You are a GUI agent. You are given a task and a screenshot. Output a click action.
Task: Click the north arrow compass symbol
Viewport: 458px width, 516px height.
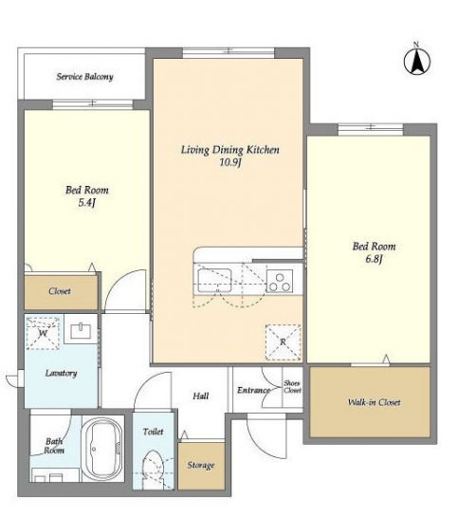point(417,60)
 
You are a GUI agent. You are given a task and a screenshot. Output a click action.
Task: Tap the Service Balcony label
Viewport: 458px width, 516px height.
point(85,77)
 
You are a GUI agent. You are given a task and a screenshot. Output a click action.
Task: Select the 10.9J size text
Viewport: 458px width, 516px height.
point(230,162)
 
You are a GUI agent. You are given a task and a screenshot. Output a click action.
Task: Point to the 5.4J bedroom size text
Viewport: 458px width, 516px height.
point(86,203)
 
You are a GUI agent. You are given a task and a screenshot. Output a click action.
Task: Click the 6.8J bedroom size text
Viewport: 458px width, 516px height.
point(374,259)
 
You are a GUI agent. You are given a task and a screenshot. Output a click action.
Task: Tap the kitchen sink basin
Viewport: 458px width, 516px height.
point(214,280)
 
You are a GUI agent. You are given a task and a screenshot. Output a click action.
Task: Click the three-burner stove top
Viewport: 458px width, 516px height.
point(280,281)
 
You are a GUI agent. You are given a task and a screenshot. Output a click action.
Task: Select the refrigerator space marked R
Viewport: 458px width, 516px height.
point(283,342)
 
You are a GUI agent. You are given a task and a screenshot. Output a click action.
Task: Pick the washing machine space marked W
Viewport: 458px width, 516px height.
point(43,333)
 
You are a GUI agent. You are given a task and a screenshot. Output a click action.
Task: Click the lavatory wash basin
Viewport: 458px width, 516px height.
point(81,331)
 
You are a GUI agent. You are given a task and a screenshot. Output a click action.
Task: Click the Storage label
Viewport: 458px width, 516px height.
point(201,465)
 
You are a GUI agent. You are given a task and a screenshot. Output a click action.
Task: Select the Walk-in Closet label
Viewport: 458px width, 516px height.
point(375,402)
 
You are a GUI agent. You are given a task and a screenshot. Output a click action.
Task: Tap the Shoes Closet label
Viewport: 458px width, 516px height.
point(292,387)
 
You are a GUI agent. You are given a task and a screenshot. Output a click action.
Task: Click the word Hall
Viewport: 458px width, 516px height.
point(201,396)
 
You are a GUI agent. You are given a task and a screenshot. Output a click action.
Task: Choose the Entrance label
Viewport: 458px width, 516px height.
point(254,390)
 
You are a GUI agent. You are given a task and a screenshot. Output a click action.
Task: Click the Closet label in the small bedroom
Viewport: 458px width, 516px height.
point(60,291)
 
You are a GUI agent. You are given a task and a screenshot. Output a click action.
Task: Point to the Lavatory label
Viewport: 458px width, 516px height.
point(62,373)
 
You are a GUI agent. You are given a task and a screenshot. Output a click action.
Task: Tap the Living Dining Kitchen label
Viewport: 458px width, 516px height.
point(230,150)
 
